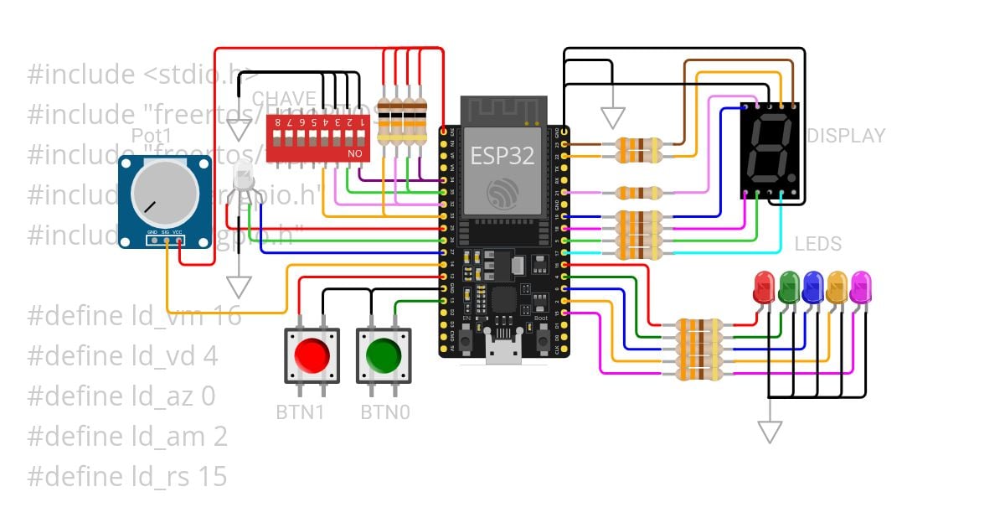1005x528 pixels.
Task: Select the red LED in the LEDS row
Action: coord(764,287)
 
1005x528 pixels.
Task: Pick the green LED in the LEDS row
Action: coord(788,287)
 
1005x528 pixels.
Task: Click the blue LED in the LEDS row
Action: coord(812,287)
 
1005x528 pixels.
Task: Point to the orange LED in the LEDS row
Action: coord(836,287)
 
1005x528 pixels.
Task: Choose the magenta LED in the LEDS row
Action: coord(859,287)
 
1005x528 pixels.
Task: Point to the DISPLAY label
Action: coord(845,136)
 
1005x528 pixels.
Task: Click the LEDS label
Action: coord(817,244)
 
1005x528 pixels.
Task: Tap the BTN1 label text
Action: coord(300,412)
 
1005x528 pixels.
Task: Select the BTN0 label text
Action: coord(384,412)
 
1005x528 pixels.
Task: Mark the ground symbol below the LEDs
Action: coord(769,432)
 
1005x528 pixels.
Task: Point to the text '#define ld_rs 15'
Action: coord(127,477)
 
